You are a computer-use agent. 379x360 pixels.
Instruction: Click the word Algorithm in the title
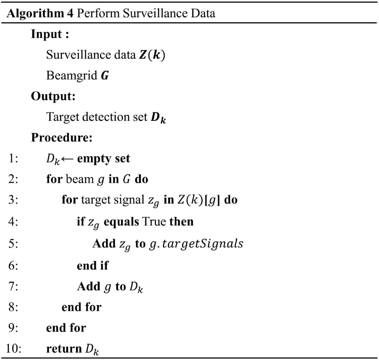35,13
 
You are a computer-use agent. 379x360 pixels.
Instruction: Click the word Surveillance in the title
155,13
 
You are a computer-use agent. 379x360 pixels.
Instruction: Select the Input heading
50,34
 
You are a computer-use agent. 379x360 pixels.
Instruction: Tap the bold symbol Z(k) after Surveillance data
152,55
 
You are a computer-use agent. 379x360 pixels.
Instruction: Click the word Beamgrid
72,76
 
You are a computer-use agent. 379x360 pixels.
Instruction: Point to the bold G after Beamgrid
105,76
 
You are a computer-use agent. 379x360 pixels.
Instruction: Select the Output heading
53,96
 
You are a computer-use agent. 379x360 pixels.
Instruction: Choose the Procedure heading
62,138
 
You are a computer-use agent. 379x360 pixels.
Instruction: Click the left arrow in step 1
67,159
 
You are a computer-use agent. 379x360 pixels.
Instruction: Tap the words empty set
104,159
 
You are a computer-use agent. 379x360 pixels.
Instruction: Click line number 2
13,179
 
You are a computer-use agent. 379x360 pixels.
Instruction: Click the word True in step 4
154,221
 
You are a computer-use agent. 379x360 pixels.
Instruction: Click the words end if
93,265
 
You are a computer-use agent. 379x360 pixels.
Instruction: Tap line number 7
13,286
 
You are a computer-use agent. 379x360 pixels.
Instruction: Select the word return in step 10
64,349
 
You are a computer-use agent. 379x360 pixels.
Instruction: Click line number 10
13,349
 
